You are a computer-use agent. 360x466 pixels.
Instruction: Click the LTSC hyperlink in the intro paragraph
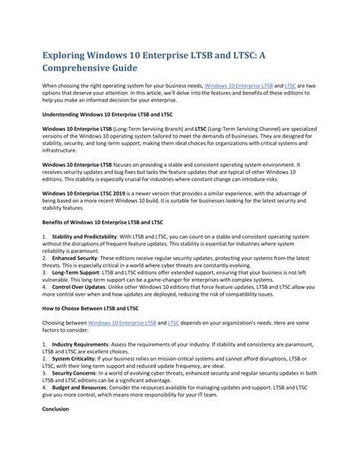[289, 87]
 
